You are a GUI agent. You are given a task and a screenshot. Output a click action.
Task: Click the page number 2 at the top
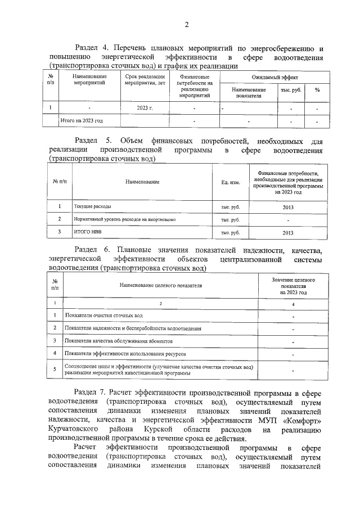tap(186, 24)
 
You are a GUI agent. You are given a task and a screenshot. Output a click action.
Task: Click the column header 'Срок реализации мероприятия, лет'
tap(145, 79)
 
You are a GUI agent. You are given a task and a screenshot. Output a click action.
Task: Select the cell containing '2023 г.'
tap(145, 107)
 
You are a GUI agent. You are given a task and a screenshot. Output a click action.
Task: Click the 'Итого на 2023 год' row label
tap(82, 120)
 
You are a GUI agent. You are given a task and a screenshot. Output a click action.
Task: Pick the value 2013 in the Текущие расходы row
tap(287, 207)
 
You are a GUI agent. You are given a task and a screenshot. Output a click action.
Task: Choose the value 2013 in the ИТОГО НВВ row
tap(287, 232)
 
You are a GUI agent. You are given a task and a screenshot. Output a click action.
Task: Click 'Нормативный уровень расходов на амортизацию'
tap(125, 219)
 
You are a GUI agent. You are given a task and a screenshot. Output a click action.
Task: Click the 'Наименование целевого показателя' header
tap(160, 286)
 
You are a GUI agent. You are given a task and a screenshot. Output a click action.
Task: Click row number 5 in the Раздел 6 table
tap(55, 370)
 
